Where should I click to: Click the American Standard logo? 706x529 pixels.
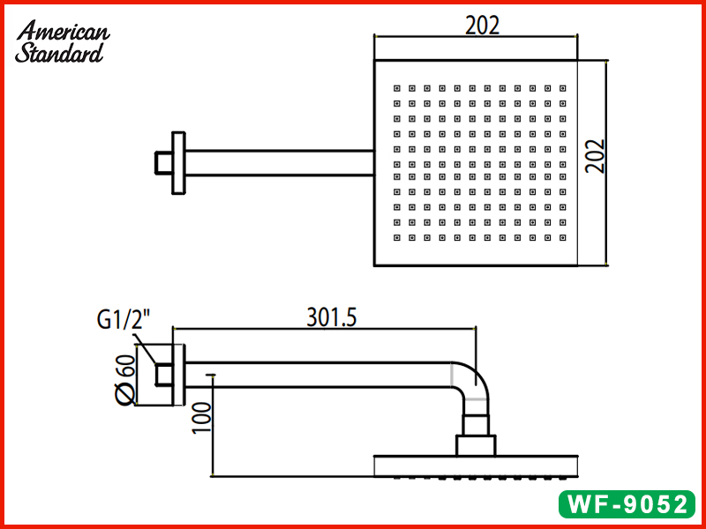62,42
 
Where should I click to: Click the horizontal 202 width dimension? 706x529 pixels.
482,26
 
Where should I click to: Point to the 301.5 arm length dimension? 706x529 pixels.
331,316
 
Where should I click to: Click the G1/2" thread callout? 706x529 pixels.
123,319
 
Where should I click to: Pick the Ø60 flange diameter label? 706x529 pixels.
123,378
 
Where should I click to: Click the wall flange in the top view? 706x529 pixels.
179,162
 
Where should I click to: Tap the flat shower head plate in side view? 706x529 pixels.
476,465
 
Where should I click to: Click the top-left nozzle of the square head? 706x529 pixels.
396,88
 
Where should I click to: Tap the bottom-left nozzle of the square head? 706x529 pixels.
396,238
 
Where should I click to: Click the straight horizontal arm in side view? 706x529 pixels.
318,376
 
